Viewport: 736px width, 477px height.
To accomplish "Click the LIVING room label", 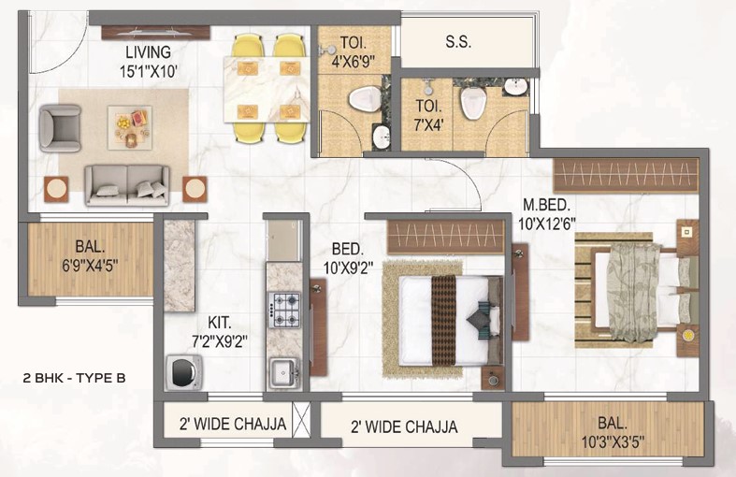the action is tap(148, 51).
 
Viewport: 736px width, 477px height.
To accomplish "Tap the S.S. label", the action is tap(458, 42).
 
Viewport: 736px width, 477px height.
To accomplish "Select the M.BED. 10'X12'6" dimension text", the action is tap(547, 214).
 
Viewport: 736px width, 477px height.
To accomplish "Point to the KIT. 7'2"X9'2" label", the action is tap(220, 332).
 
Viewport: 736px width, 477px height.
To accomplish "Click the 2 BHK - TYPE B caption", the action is tap(74, 378).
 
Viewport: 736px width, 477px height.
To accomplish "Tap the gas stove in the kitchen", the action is tap(283, 310).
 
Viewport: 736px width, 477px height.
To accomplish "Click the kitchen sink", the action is tap(284, 373).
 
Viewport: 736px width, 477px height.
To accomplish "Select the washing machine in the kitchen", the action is tap(184, 372).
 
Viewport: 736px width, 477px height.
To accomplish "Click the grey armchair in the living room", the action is tap(60, 128).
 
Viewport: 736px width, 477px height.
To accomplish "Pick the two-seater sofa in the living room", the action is tap(127, 185).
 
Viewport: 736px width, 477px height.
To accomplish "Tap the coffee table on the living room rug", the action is tap(130, 128).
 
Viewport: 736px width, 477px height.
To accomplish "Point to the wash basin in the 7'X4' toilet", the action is tap(516, 86).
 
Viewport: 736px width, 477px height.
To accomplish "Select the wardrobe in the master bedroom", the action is tap(626, 176).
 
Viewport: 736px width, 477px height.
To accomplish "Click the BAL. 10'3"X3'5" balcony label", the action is tap(613, 432).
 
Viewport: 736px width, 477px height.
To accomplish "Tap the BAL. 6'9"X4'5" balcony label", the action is tap(90, 256).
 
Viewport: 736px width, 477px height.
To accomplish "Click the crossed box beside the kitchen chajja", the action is tap(301, 420).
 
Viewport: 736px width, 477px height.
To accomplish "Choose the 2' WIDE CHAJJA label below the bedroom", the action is tap(404, 426).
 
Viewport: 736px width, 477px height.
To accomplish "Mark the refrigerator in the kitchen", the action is tap(283, 240).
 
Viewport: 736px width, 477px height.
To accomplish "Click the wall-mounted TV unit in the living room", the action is tap(156, 33).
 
